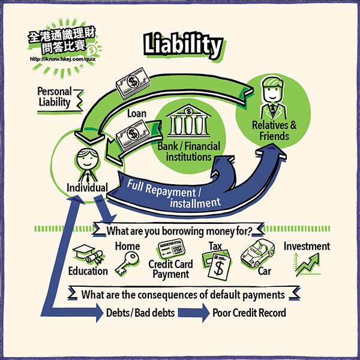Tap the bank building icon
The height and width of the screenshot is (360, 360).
188,124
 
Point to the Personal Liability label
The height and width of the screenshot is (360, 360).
53,97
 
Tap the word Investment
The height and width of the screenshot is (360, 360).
307,246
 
